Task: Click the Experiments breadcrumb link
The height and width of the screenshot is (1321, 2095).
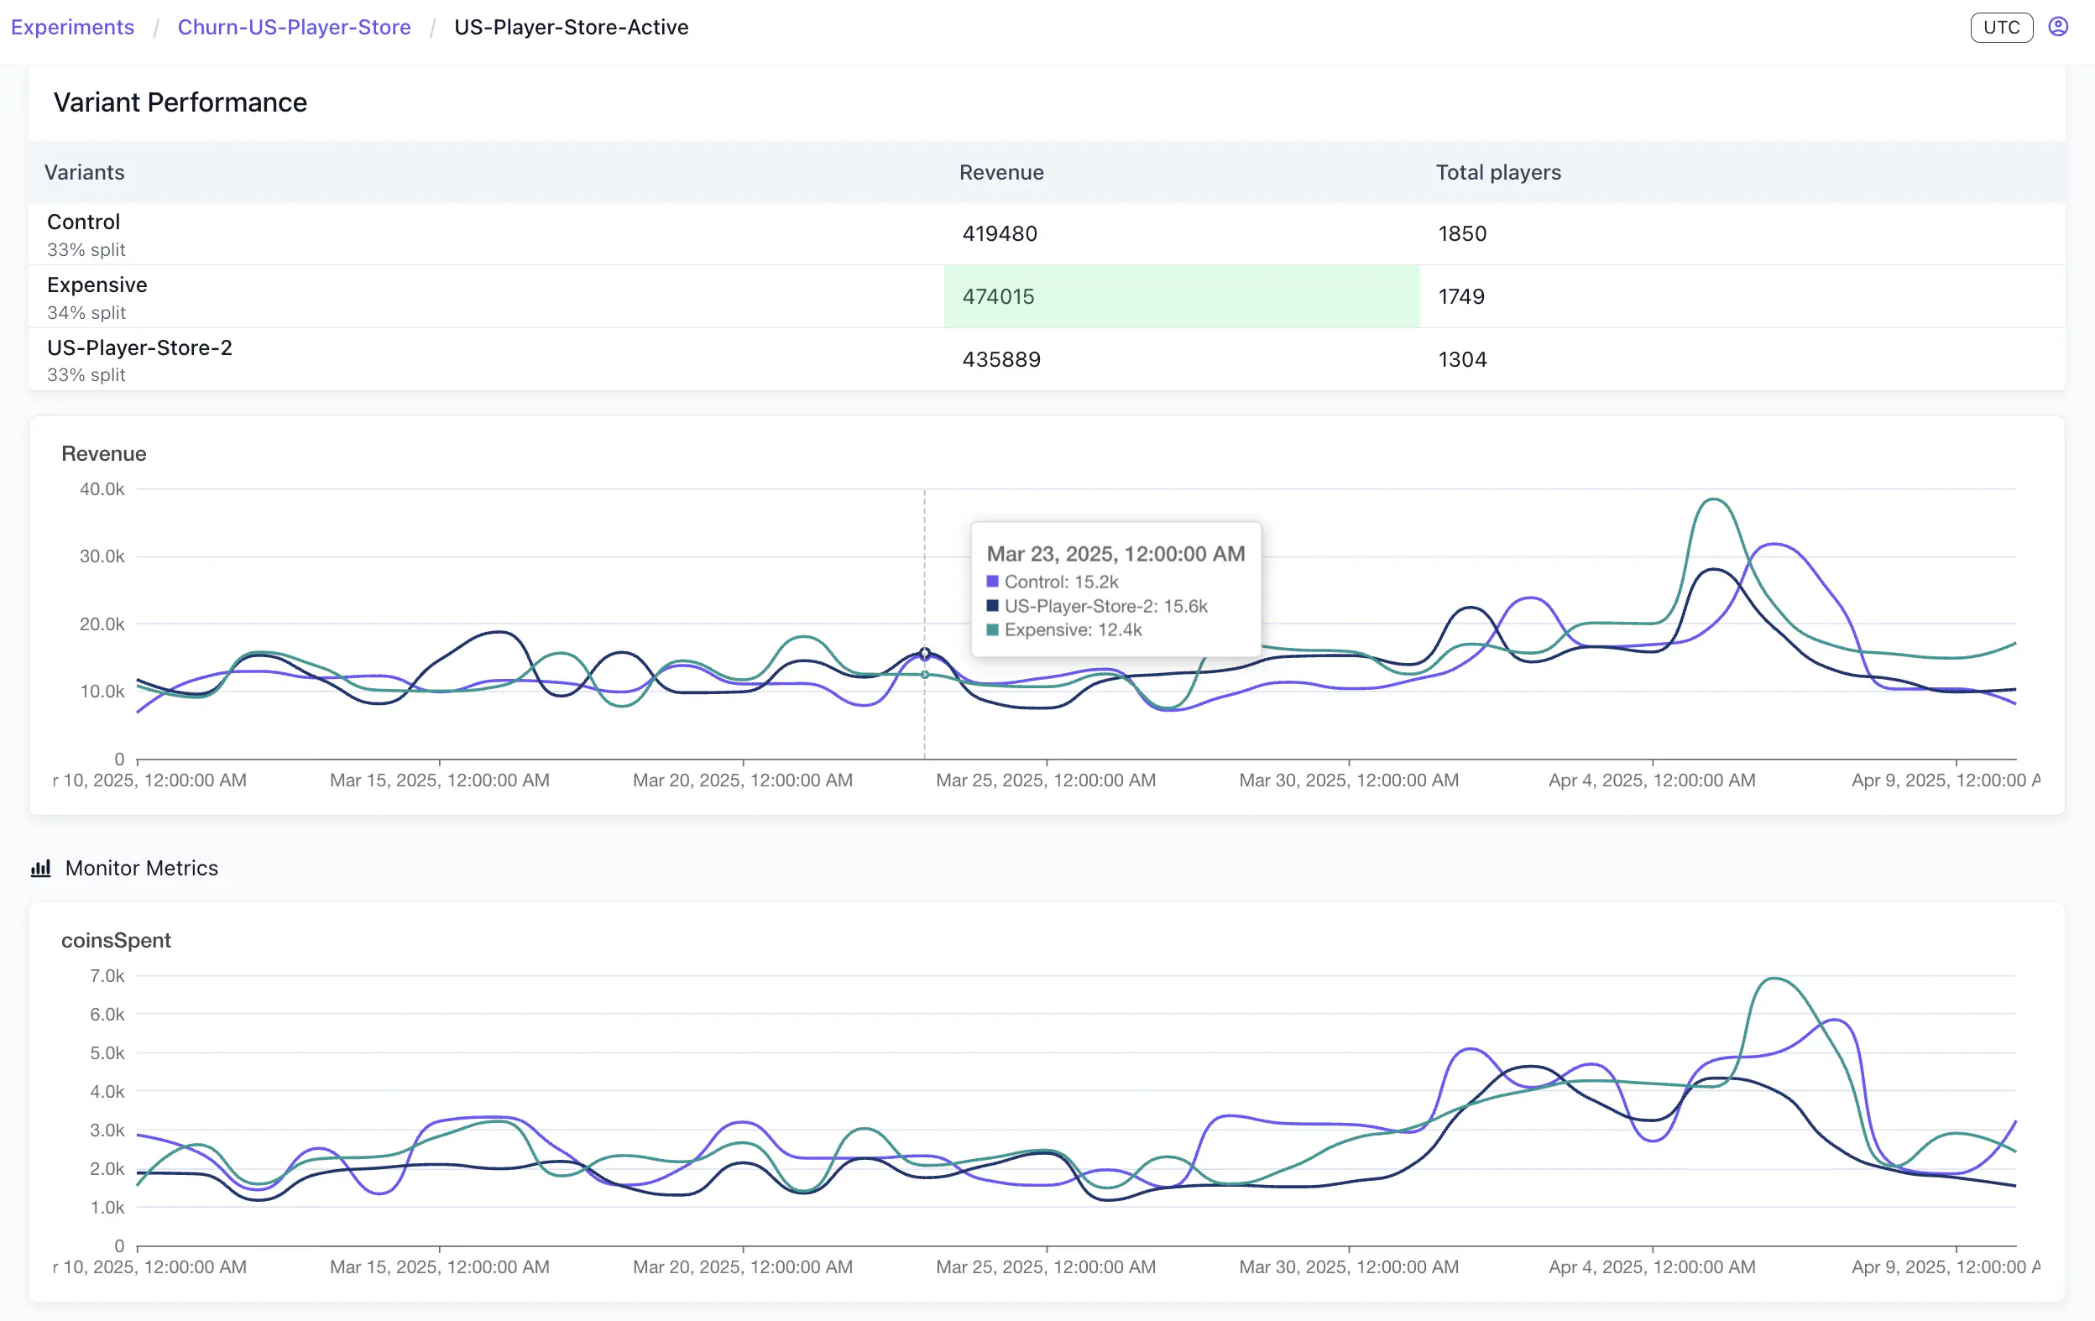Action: [x=72, y=27]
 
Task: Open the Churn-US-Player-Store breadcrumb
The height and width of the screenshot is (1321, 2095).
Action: [x=294, y=27]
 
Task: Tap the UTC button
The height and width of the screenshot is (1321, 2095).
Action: [x=2000, y=27]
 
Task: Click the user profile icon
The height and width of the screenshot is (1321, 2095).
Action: [x=2057, y=27]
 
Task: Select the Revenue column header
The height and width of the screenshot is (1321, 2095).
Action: [x=1000, y=172]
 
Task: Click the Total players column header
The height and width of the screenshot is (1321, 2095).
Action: [x=1497, y=172]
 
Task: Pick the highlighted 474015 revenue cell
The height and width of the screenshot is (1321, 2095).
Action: [x=998, y=296]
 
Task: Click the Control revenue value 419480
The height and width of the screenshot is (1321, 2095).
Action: [x=999, y=233]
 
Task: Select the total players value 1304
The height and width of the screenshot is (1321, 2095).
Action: [x=1461, y=359]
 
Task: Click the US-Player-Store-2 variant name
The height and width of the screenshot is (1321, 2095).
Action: [x=139, y=347]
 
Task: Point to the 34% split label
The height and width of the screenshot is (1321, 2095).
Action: [x=86, y=312]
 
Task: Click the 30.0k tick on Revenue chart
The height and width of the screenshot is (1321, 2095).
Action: [x=102, y=556]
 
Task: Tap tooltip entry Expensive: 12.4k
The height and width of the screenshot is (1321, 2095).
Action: [x=1072, y=629]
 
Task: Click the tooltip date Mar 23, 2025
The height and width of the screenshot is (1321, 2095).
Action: [x=1115, y=554]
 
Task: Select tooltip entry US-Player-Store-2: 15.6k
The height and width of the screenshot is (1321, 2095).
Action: [x=1105, y=606]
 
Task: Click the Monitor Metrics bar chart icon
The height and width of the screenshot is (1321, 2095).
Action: [x=41, y=868]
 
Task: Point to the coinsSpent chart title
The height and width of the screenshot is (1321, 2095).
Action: [x=116, y=940]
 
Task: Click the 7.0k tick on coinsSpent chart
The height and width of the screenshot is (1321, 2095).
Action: [x=107, y=976]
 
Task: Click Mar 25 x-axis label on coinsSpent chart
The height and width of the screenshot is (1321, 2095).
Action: [x=1046, y=1266]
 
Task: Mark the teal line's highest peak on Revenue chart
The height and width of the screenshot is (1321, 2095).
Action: [x=1713, y=499]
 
